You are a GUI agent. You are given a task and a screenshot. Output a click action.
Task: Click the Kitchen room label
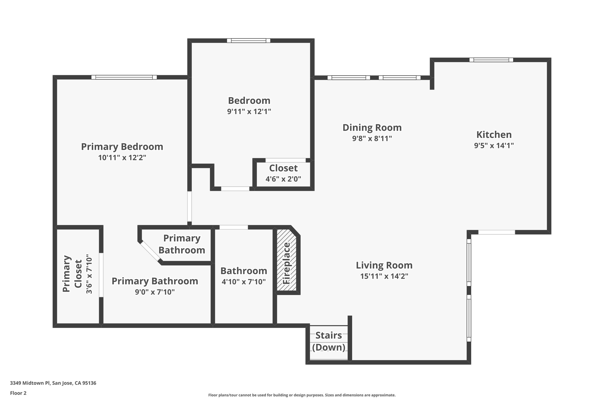click(494, 135)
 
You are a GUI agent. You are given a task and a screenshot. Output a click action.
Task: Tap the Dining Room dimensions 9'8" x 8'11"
click(372, 138)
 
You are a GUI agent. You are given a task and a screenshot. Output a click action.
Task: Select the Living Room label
click(384, 265)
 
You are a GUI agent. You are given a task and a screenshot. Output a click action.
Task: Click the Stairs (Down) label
click(329, 341)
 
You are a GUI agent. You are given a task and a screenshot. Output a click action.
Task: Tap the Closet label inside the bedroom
click(283, 168)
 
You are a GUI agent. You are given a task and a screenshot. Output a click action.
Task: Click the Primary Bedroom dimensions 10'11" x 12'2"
click(122, 158)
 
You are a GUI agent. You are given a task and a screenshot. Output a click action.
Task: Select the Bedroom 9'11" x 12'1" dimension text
click(249, 112)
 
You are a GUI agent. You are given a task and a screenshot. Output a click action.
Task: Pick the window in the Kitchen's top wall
click(491, 60)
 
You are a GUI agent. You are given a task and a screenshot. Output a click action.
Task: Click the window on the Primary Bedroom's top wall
click(124, 77)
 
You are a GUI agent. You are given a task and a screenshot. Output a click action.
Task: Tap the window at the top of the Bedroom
click(248, 41)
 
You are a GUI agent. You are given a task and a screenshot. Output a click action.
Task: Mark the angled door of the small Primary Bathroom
click(150, 252)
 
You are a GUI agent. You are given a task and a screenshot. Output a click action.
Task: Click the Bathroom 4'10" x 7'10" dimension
click(244, 282)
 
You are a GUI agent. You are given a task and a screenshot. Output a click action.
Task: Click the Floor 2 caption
click(18, 393)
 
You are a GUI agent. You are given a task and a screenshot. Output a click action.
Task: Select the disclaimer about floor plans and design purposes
click(302, 395)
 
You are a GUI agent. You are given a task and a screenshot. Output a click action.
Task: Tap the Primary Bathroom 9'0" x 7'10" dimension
click(155, 292)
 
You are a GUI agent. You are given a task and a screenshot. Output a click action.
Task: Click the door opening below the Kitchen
click(496, 232)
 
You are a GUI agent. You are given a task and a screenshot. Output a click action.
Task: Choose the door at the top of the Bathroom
click(234, 227)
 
